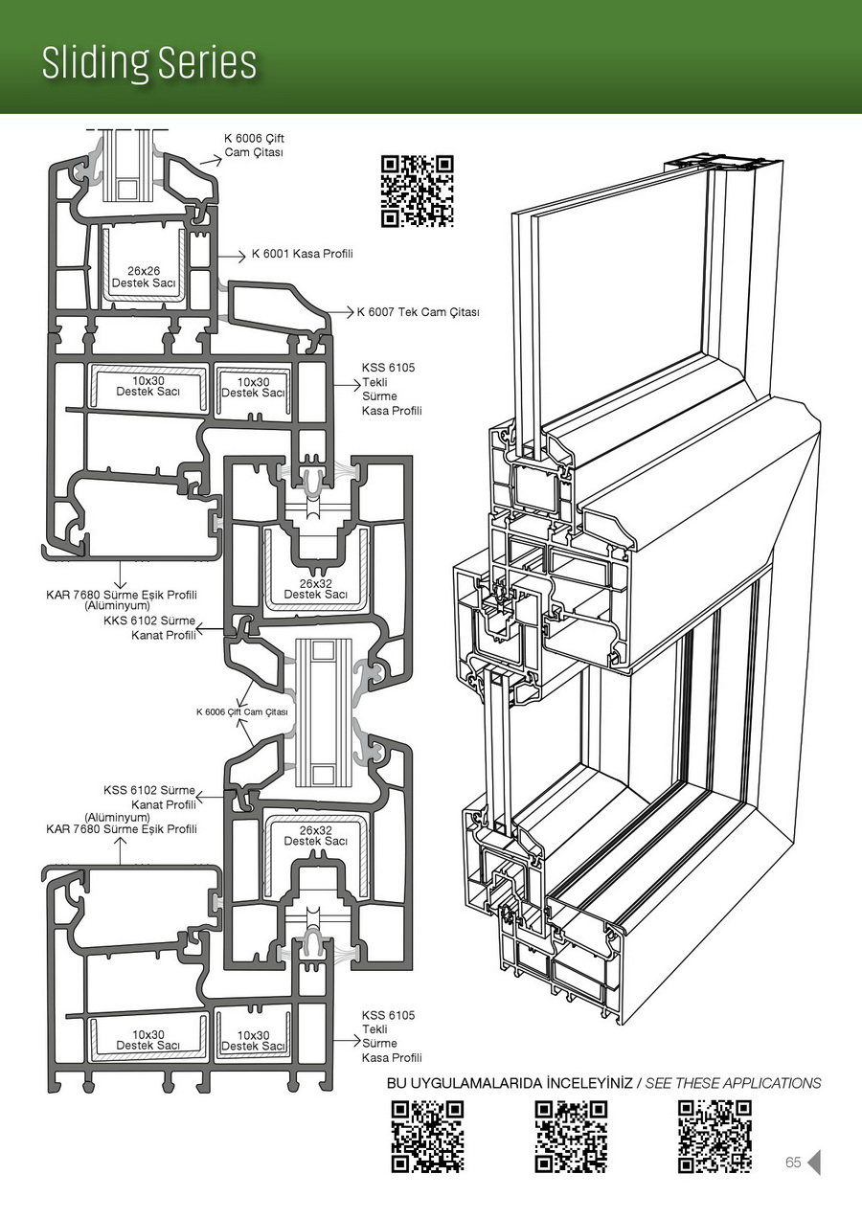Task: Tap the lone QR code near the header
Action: point(417,191)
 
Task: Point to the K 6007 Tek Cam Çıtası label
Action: point(418,312)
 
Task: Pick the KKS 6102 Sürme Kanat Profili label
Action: point(149,627)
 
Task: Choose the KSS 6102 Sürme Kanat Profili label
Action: point(149,798)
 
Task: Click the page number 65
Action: point(793,1163)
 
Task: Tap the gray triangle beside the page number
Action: point(815,1163)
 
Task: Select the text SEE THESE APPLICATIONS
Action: point(733,1083)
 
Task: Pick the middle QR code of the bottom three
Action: point(571,1137)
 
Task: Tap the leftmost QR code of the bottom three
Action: point(427,1137)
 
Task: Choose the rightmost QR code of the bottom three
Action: point(715,1137)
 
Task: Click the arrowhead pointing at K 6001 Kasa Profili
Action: point(244,256)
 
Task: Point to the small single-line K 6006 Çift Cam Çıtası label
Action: point(241,711)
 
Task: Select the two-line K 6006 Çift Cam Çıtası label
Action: point(254,146)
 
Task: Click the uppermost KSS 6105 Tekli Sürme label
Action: point(391,389)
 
